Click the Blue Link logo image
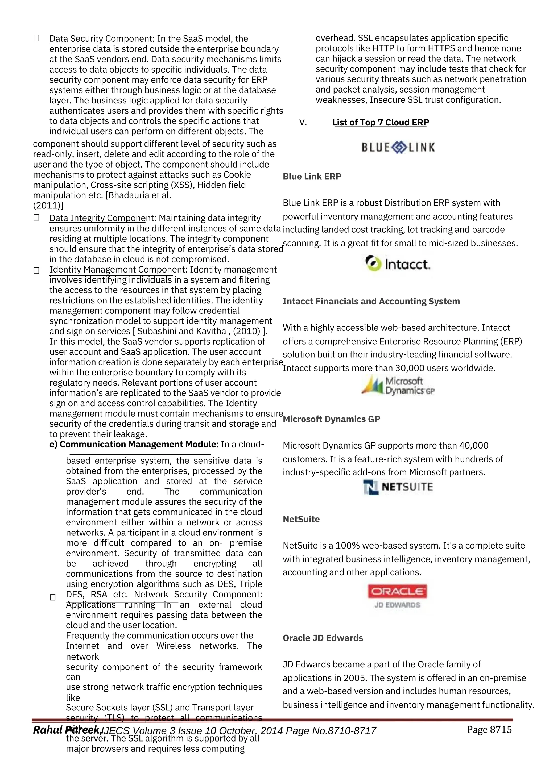[x=398, y=147]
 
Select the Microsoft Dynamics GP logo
[x=398, y=385]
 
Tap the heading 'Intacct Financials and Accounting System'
[x=371, y=301]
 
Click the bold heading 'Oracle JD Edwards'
[x=323, y=638]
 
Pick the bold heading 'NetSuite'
[x=301, y=519]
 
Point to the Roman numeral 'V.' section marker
[x=303, y=123]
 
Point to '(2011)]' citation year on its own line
[x=48, y=205]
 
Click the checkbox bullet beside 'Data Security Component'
[x=36, y=38]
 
